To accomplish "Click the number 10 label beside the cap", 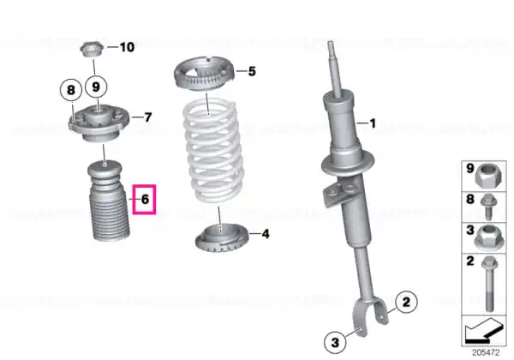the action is pyautogui.click(x=127, y=47).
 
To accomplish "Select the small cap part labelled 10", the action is pyautogui.click(x=93, y=50).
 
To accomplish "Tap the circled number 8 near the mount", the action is pyautogui.click(x=71, y=90).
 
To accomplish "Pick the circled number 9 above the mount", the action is pyautogui.click(x=96, y=87).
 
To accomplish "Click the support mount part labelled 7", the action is pyautogui.click(x=99, y=124).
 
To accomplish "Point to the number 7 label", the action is pyautogui.click(x=148, y=117).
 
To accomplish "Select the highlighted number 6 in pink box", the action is pyautogui.click(x=145, y=200).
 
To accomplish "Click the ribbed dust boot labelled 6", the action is pyautogui.click(x=108, y=201).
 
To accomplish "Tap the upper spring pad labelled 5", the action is pyautogui.click(x=204, y=74).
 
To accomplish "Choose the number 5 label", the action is pyautogui.click(x=252, y=71).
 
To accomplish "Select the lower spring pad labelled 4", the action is pyautogui.click(x=222, y=237).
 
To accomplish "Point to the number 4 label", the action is pyautogui.click(x=266, y=234).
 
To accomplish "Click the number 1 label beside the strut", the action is pyautogui.click(x=373, y=123).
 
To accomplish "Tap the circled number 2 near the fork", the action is pyautogui.click(x=406, y=302).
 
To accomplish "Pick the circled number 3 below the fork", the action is pyautogui.click(x=335, y=343).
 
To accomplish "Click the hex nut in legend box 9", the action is pyautogui.click(x=488, y=177).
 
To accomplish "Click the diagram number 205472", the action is pyautogui.click(x=486, y=353).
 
